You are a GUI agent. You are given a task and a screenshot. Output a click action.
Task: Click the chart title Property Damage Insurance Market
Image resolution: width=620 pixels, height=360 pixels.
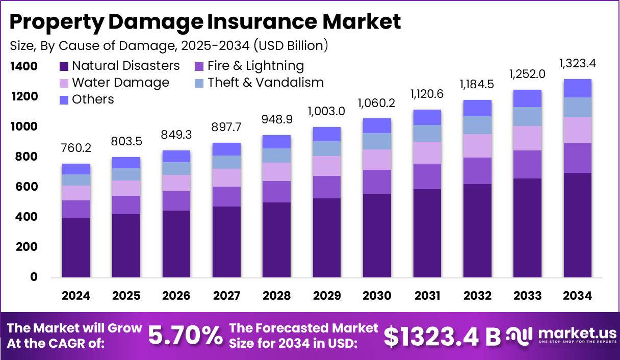[x=205, y=22]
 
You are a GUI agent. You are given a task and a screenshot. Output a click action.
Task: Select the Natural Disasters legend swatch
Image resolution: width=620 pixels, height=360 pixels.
[x=64, y=66]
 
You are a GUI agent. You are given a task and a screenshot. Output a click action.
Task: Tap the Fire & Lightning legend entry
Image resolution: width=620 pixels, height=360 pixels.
[x=249, y=66]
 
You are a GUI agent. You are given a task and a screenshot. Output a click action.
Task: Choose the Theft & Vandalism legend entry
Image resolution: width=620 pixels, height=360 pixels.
[x=259, y=83]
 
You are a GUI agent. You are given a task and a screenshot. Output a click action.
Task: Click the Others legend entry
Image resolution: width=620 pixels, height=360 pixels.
[x=87, y=99]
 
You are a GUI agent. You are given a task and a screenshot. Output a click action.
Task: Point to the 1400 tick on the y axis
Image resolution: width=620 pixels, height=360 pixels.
[x=23, y=66]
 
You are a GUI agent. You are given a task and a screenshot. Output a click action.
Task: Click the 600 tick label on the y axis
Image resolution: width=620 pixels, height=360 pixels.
[x=27, y=187]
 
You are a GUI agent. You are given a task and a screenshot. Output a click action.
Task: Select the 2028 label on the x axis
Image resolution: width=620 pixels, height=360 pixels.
[x=276, y=296]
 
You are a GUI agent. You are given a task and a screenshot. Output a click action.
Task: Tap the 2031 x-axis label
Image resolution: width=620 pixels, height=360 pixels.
[x=427, y=296]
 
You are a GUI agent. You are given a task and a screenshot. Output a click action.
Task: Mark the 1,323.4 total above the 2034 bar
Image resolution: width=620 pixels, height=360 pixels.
[x=578, y=64]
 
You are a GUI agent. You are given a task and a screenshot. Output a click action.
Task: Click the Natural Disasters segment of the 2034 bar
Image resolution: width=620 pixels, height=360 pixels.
[x=578, y=224]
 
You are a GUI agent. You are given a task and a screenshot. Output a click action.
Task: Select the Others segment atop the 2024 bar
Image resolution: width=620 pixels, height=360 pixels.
[x=75, y=169]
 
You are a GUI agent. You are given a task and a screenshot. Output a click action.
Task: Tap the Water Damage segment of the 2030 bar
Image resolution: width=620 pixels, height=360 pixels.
[x=377, y=160]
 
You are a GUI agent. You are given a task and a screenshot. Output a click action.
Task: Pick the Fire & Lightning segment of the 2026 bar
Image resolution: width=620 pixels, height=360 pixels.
[x=176, y=201]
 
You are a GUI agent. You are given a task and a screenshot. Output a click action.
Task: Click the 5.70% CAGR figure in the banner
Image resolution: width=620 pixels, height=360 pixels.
[x=185, y=336]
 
